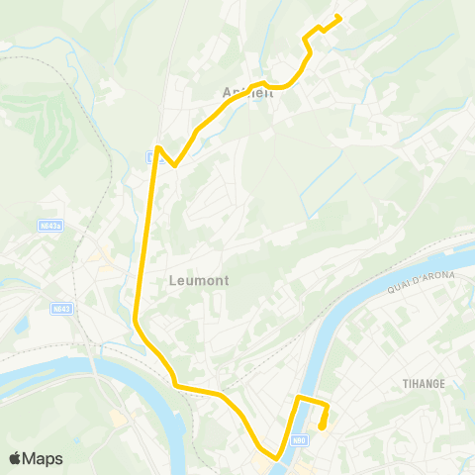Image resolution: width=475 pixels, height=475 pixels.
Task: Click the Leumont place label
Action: tap(199, 280)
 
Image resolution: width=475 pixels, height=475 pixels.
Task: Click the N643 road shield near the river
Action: tap(61, 308)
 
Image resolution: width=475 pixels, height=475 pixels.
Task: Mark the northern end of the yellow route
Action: tap(339, 16)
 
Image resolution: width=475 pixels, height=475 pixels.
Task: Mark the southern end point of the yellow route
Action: tap(322, 427)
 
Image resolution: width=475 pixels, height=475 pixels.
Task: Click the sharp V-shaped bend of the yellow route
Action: tap(174, 165)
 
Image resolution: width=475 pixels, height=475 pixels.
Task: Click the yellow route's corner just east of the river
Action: tap(300, 398)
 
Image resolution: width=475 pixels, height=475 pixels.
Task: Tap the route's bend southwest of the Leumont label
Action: tap(135, 319)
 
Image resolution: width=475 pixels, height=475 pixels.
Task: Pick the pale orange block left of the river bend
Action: tap(119, 420)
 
